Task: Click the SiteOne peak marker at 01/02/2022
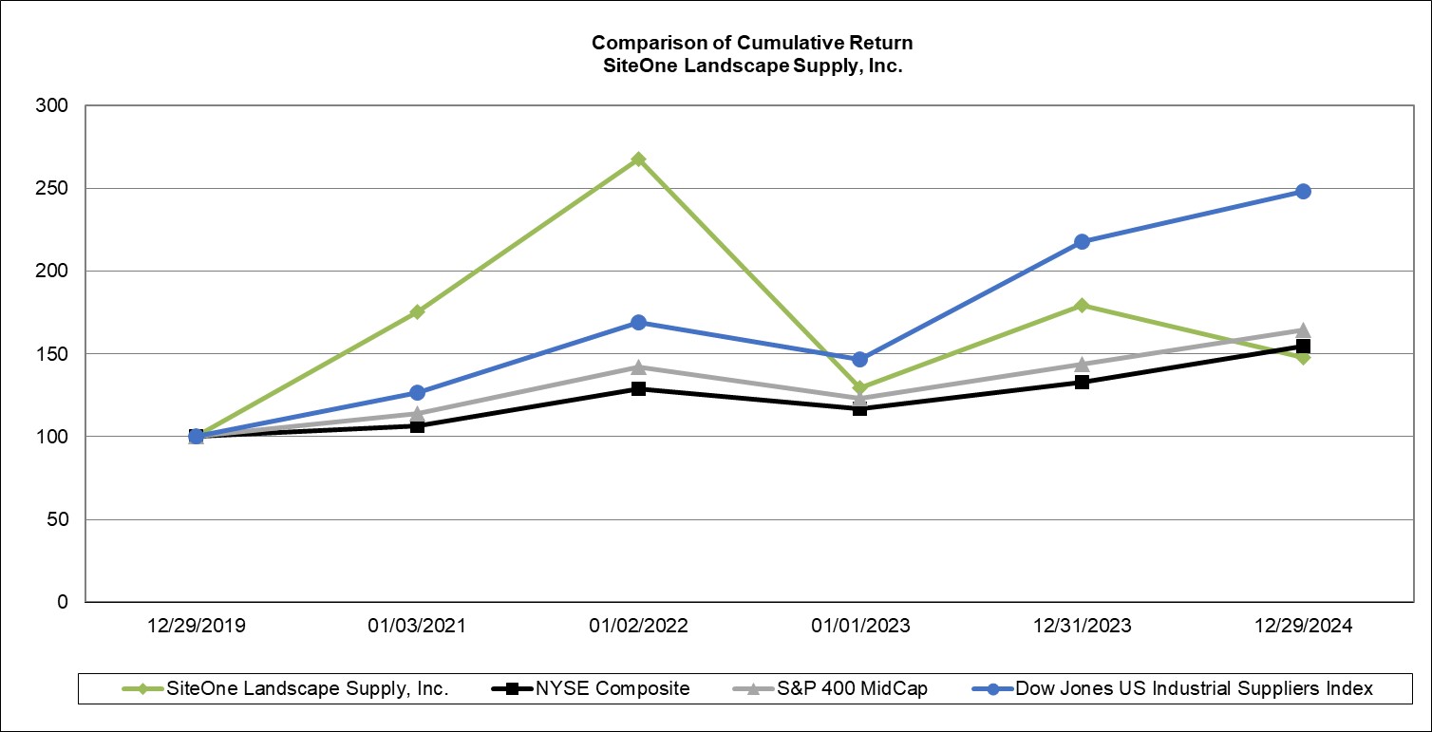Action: [x=638, y=160]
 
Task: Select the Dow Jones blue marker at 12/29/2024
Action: [x=1303, y=191]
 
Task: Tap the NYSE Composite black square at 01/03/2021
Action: [x=417, y=425]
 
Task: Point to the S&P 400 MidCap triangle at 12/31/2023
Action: [x=1082, y=364]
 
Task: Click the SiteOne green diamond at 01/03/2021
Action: [x=417, y=311]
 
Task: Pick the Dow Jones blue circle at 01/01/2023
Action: [x=859, y=359]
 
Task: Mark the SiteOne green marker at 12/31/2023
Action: [x=1082, y=305]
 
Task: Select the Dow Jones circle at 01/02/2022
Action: [x=638, y=322]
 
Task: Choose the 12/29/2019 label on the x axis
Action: [x=195, y=626]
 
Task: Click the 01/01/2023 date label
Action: [x=859, y=626]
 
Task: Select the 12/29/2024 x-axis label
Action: [x=1303, y=626]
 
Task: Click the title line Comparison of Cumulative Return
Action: [x=752, y=43]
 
